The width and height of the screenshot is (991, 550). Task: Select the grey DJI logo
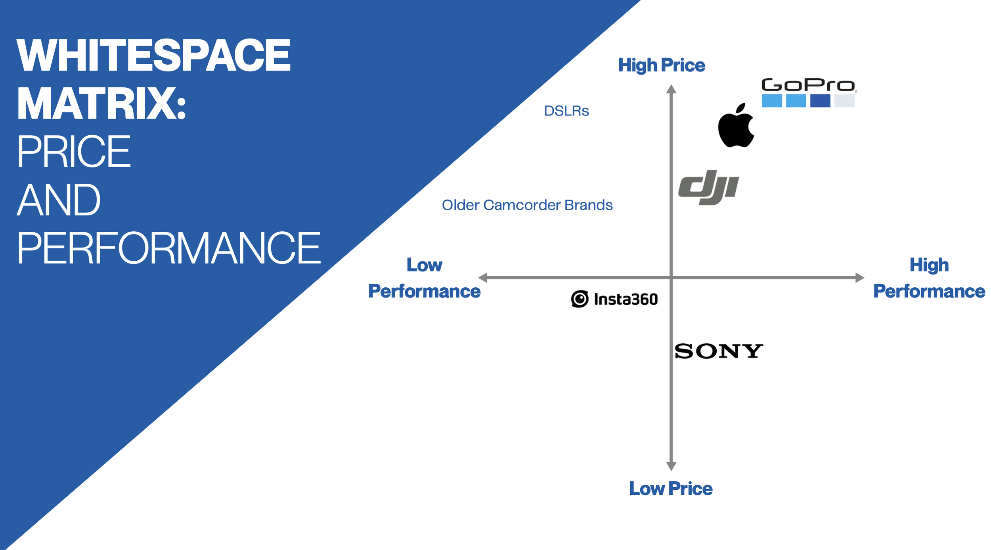pos(709,187)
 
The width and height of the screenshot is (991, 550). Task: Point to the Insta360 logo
pos(614,299)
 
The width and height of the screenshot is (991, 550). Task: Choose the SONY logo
pos(718,351)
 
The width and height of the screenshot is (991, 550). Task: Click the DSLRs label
pos(566,111)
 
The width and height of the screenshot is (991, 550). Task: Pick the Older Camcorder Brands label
pos(527,205)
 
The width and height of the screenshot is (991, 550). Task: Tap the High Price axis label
pos(661,65)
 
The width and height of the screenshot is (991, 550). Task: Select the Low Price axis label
pos(671,488)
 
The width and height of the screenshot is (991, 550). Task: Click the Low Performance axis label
pos(424,278)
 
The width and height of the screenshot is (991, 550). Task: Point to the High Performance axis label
pos(929,278)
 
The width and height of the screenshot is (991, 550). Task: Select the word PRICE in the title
pos(74,152)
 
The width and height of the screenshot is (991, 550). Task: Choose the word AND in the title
pos(59,200)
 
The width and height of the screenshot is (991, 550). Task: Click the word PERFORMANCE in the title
pos(168,248)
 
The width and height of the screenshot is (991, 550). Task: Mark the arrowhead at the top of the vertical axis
pos(671,89)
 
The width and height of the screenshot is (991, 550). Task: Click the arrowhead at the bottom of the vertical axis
pos(671,466)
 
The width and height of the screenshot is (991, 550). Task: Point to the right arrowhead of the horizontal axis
pos(859,278)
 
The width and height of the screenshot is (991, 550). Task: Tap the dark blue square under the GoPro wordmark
pos(820,101)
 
